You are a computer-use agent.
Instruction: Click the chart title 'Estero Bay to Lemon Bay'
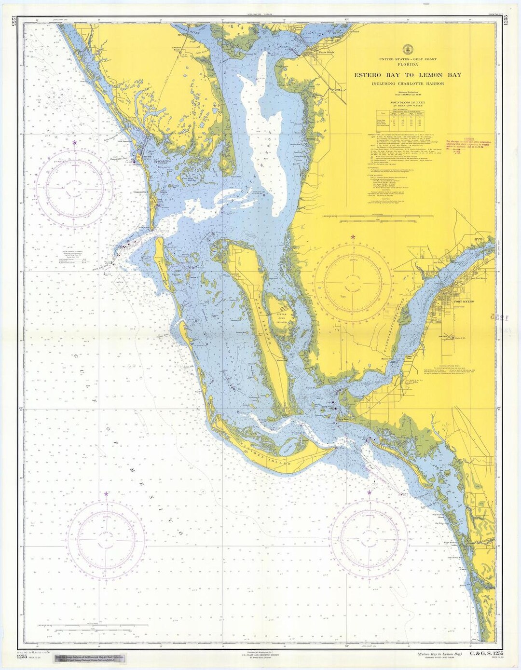(x=408, y=75)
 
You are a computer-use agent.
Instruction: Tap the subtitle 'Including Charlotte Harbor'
(x=408, y=84)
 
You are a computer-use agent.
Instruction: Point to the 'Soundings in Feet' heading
(x=408, y=103)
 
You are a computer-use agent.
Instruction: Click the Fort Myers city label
(x=464, y=301)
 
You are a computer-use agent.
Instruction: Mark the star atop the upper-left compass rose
(x=74, y=143)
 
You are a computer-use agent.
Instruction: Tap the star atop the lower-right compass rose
(x=370, y=492)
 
